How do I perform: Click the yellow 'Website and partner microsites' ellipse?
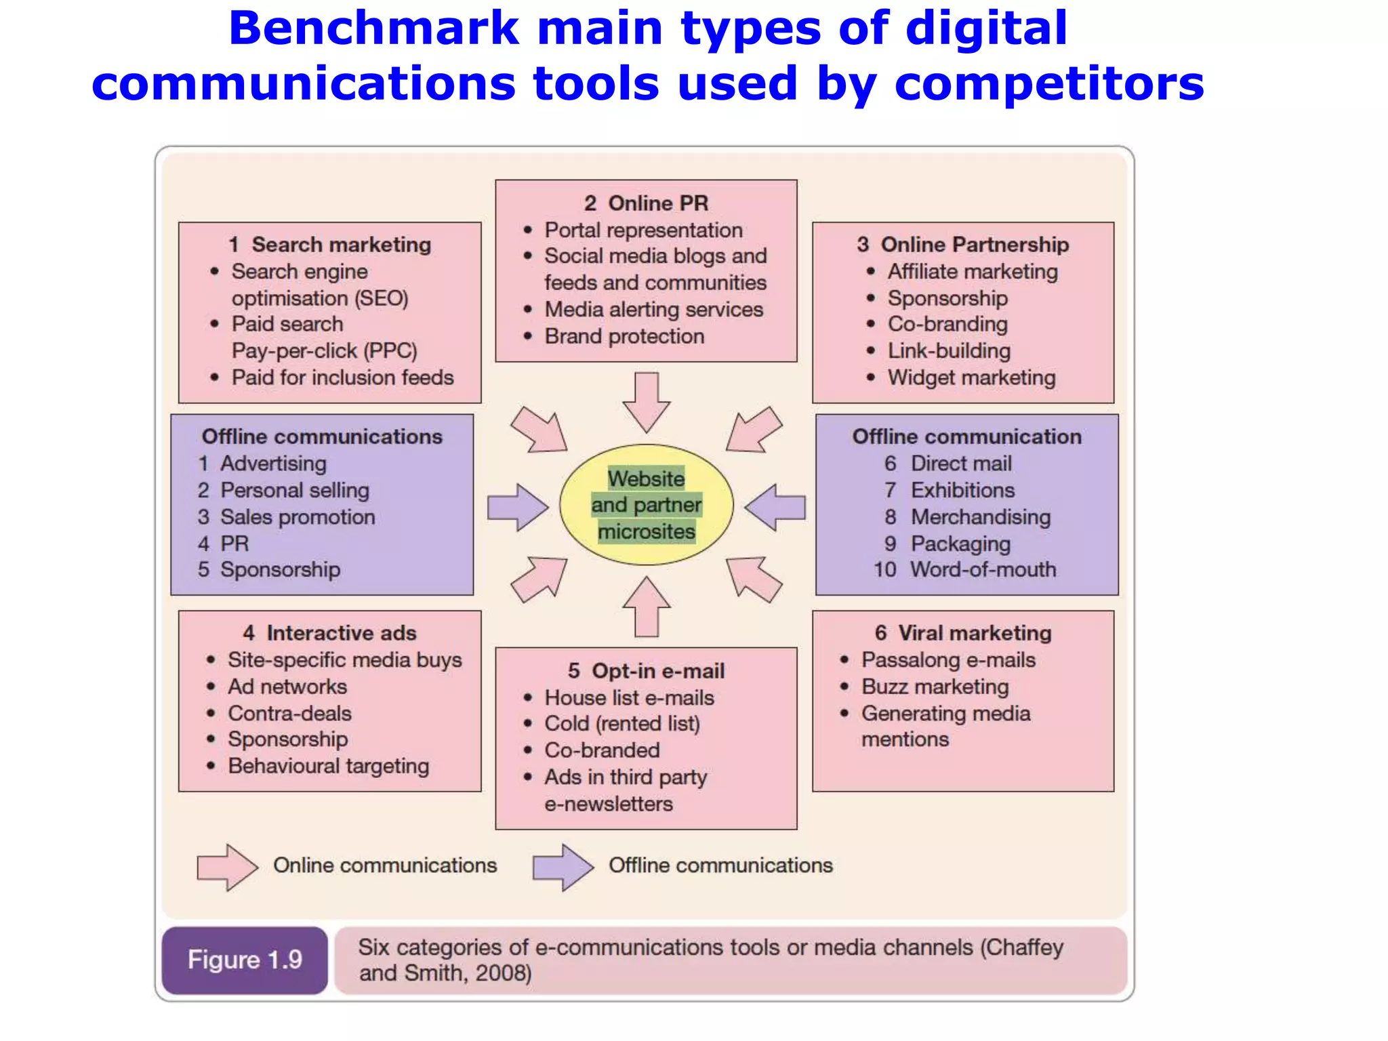(646, 505)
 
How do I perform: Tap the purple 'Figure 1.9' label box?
(245, 960)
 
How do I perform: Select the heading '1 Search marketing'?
(330, 245)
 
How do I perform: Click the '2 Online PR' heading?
(646, 203)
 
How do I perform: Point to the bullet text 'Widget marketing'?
(971, 377)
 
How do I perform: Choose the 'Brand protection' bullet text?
(624, 336)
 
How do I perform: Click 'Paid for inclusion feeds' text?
(342, 377)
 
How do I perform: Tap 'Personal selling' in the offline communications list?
(295, 490)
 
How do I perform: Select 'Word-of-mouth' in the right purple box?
(983, 569)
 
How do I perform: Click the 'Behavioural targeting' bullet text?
(328, 766)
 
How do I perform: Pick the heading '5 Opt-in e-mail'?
(646, 671)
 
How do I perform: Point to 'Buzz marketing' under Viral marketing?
(935, 687)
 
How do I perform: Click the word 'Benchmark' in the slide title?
(373, 28)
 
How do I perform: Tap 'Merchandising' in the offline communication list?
(980, 517)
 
